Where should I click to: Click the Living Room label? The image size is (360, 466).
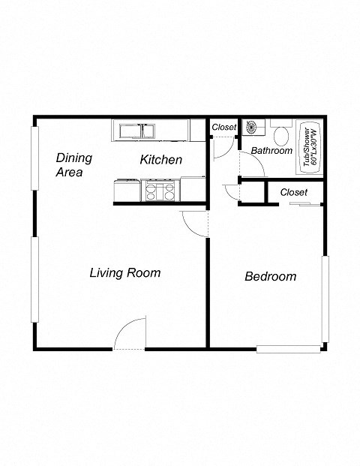tap(124, 272)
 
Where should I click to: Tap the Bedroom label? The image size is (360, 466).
tap(270, 276)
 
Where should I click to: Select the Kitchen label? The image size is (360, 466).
tap(160, 159)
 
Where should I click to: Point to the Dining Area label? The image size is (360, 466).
tap(73, 165)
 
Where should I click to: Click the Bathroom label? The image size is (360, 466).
tap(271, 150)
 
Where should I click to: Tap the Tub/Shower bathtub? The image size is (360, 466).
tap(308, 147)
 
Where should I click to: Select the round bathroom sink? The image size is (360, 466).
tap(251, 128)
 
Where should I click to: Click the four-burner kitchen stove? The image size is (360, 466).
tap(160, 190)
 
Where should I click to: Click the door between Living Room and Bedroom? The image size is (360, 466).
tap(196, 224)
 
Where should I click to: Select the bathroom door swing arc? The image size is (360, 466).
tap(253, 165)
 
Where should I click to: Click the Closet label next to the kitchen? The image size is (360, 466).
tap(223, 128)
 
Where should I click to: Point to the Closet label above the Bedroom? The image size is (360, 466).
tap(293, 192)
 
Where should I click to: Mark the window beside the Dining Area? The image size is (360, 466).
tap(34, 157)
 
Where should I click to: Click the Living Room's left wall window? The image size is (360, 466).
tap(34, 279)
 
